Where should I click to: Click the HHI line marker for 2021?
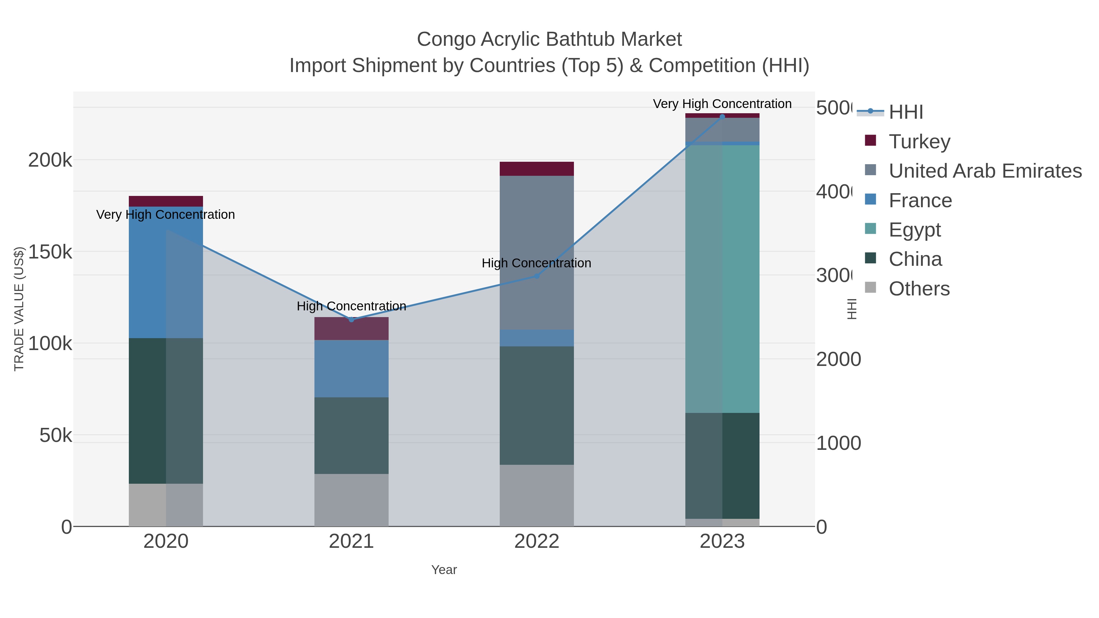pyautogui.click(x=351, y=320)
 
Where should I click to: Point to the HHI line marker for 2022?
pyautogui.click(x=537, y=276)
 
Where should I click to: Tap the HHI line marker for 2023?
pyautogui.click(x=722, y=117)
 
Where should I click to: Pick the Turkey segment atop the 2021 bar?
pyautogui.click(x=351, y=328)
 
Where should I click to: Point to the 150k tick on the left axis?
pyautogui.click(x=50, y=252)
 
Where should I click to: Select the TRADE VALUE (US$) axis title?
pyautogui.click(x=19, y=309)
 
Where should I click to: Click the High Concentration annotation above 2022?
pyautogui.click(x=536, y=263)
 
